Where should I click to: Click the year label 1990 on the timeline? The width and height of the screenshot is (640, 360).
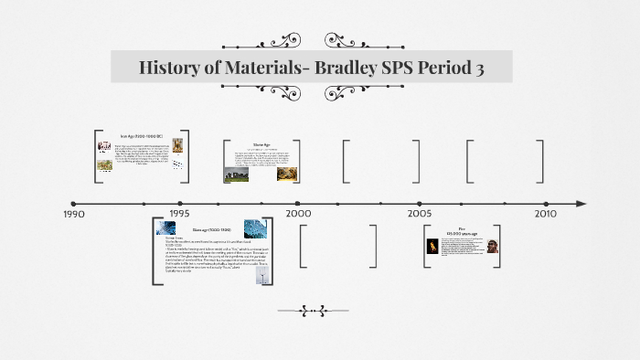point(73,214)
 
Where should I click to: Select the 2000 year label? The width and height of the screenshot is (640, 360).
point(298,213)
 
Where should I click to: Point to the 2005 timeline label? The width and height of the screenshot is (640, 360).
point(420,213)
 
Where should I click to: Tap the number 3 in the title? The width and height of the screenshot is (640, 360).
point(478,68)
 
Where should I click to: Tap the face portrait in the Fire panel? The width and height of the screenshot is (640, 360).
point(494,245)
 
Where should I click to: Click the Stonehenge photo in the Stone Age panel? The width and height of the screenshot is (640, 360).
point(236,173)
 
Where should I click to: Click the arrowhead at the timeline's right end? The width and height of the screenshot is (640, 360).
point(581,204)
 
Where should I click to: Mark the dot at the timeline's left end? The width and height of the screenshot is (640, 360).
point(73,204)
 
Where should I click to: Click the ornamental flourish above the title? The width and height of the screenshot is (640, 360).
point(310,41)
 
